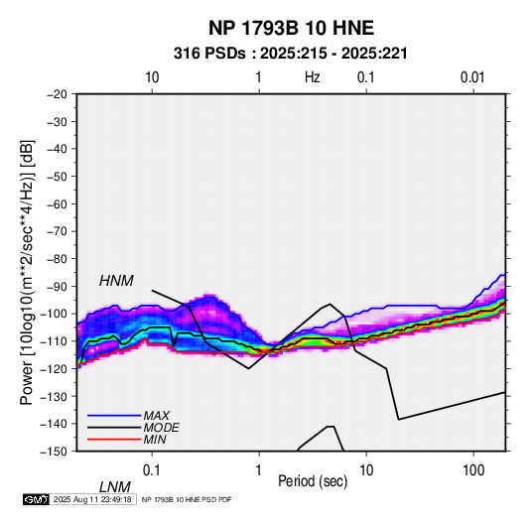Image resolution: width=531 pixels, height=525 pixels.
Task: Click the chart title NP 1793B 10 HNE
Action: pyautogui.click(x=291, y=28)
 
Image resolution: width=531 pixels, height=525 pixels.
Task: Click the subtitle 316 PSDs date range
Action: pyautogui.click(x=291, y=54)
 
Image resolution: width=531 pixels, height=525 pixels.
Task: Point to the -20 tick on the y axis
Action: pyautogui.click(x=57, y=94)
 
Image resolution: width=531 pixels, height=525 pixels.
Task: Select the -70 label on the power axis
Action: pyautogui.click(x=57, y=231)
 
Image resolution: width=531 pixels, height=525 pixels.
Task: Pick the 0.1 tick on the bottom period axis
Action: pyautogui.click(x=152, y=470)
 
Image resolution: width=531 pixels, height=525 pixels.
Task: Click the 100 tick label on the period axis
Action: pyautogui.click(x=473, y=470)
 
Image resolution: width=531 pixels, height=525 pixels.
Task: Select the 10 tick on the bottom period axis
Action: pyautogui.click(x=366, y=470)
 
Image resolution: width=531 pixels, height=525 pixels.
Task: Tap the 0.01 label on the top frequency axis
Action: pyautogui.click(x=472, y=77)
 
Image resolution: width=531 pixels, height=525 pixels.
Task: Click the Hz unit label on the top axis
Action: pyautogui.click(x=313, y=77)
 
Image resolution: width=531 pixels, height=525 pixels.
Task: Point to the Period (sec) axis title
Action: pyautogui.click(x=313, y=481)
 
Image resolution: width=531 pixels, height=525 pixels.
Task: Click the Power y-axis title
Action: pyautogui.click(x=27, y=272)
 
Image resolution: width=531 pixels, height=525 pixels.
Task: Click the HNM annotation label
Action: pyautogui.click(x=116, y=281)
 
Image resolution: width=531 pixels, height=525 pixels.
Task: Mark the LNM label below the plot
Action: pyautogui.click(x=114, y=487)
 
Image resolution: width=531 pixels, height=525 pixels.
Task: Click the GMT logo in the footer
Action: pyautogui.click(x=37, y=499)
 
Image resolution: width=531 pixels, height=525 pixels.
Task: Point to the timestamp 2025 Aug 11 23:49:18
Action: pyautogui.click(x=92, y=499)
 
